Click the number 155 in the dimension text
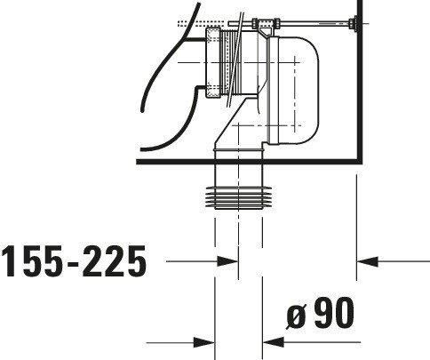[x=32, y=261]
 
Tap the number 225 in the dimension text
[x=115, y=261]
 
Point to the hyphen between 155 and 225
[x=73, y=263]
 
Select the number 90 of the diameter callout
[x=334, y=312]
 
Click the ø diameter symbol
[x=296, y=316]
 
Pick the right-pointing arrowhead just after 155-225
[x=227, y=261]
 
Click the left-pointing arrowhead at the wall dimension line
[x=367, y=261]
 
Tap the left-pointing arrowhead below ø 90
[x=274, y=342]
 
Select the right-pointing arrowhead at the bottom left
[x=203, y=343]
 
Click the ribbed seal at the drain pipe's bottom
[x=238, y=197]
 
